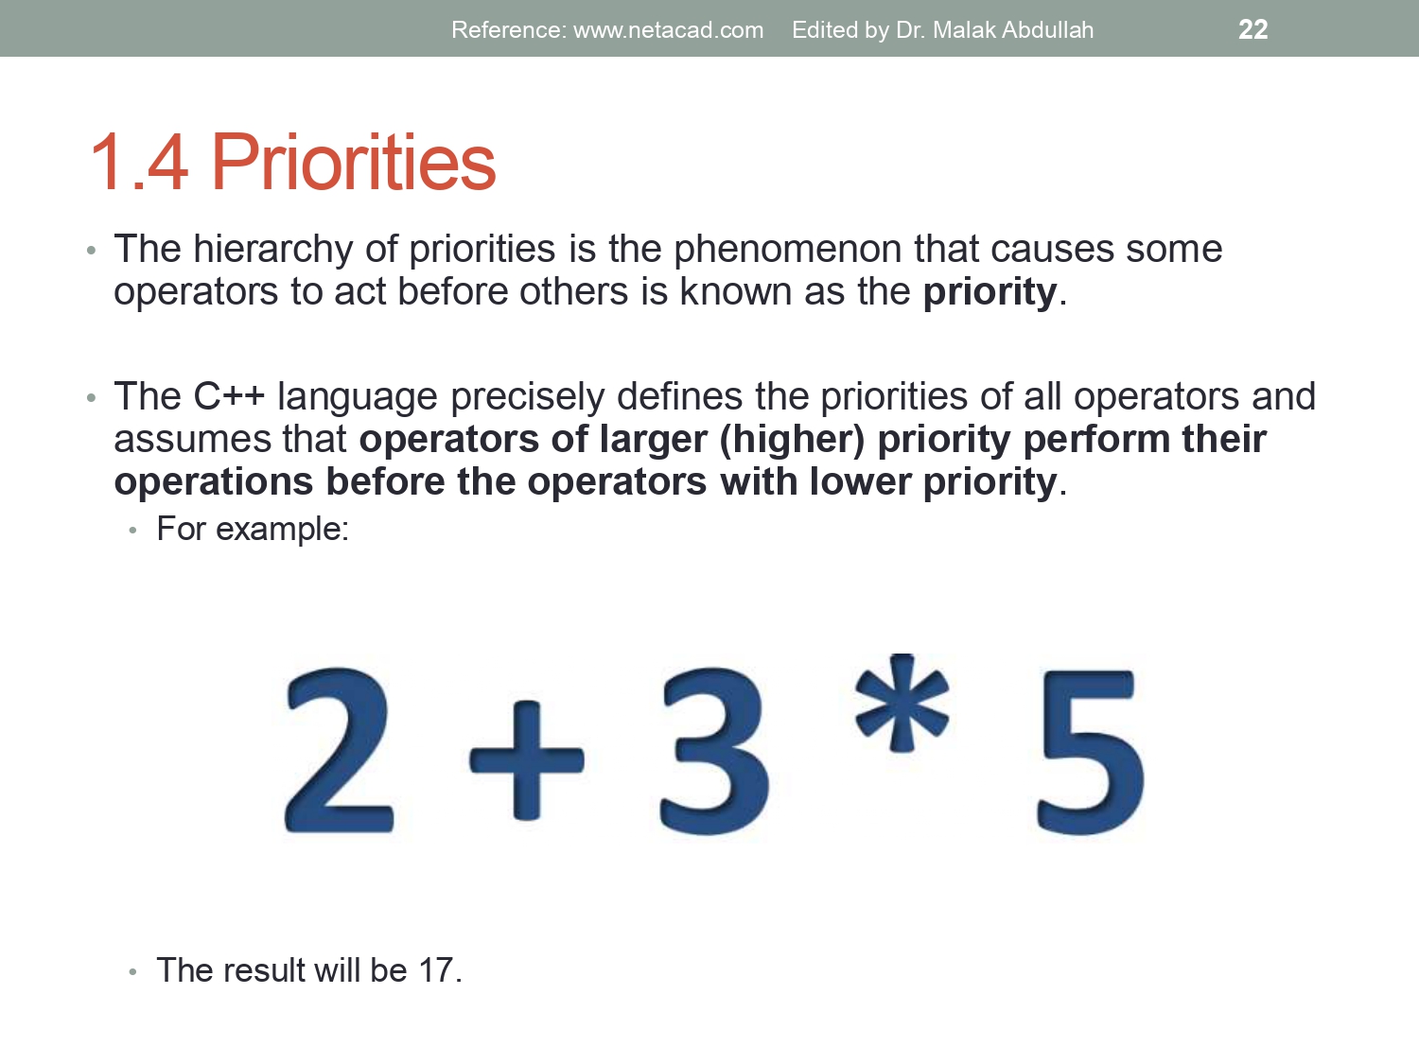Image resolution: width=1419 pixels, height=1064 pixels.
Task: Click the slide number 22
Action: point(1253,29)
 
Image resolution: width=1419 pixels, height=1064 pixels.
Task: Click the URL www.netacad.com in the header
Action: point(668,30)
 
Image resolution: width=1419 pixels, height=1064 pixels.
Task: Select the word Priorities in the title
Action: point(353,163)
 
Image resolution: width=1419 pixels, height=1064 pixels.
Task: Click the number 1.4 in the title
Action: point(139,163)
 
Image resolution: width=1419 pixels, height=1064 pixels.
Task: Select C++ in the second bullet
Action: point(229,396)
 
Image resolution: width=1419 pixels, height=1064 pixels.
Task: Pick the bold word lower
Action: point(859,481)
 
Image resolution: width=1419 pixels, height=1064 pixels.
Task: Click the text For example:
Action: point(253,529)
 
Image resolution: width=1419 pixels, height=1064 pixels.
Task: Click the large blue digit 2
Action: point(339,751)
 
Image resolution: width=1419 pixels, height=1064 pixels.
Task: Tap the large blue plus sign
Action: point(527,759)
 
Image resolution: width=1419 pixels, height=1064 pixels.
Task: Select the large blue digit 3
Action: point(714,751)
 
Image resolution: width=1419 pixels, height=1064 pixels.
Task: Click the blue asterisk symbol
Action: point(902,703)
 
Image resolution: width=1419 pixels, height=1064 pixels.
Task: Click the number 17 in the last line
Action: point(436,970)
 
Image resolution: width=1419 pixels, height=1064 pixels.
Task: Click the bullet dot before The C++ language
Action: point(91,398)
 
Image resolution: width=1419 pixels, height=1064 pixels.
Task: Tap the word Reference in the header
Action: point(506,30)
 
